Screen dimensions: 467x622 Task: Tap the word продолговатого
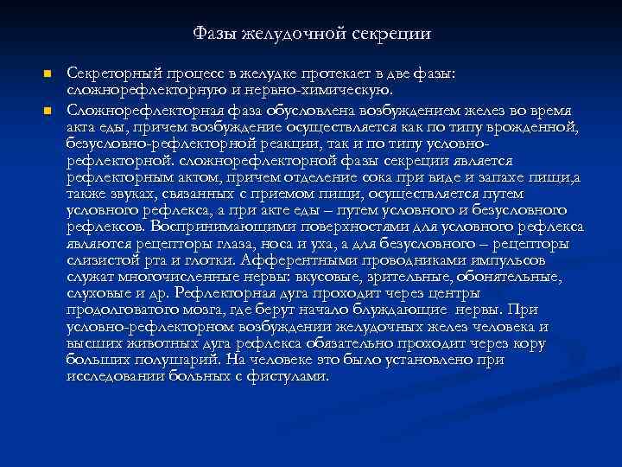(119, 310)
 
